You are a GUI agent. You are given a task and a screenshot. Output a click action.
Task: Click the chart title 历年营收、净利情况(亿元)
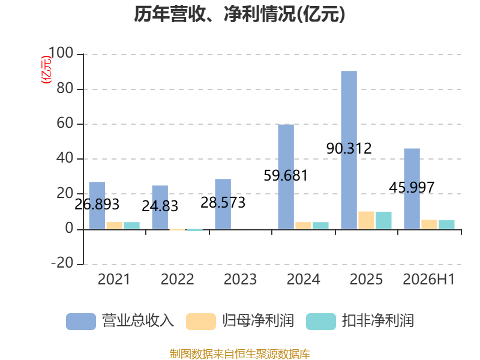[x=239, y=14]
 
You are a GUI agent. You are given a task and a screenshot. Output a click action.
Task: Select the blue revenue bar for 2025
[x=349, y=150]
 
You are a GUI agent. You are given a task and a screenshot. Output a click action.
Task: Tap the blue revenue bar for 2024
[x=286, y=177]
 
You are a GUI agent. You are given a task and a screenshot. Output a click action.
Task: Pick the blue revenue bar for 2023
[x=223, y=204]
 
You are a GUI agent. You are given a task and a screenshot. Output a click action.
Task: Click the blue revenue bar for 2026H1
[x=412, y=189]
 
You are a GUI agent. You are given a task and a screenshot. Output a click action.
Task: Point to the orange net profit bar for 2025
[x=367, y=220]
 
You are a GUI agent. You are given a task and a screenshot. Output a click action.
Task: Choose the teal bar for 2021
[x=131, y=226]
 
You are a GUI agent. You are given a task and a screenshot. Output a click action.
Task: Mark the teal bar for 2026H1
[x=446, y=224]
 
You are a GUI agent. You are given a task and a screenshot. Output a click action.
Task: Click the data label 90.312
[x=349, y=149]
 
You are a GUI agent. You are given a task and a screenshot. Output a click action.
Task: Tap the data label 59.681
[x=286, y=176]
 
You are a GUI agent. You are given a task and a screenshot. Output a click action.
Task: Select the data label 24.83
[x=160, y=206]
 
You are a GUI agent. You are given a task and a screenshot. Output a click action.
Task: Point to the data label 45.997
[x=412, y=188]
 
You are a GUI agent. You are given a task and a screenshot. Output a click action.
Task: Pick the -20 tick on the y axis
[x=62, y=263]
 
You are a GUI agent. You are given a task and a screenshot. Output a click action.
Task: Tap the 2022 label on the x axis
[x=177, y=280]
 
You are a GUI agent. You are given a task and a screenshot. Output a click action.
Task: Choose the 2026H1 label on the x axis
[x=429, y=280]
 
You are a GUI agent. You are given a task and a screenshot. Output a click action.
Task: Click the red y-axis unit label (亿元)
[x=46, y=70]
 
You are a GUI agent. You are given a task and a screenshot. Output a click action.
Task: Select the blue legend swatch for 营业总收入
[x=81, y=322]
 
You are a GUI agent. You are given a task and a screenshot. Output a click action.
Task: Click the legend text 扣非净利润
[x=378, y=321]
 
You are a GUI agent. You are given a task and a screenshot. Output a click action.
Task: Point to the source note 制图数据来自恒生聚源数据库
[x=240, y=354]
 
